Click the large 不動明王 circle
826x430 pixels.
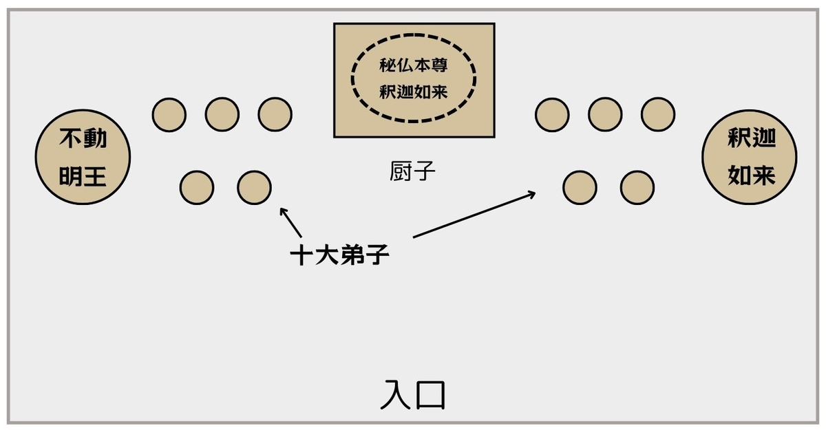83,159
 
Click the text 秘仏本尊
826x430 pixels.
414,66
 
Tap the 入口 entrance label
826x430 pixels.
413,395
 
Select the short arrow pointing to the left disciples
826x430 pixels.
290,223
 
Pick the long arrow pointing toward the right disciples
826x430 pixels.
475,215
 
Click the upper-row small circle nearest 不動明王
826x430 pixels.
169,114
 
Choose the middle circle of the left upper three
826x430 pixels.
222,114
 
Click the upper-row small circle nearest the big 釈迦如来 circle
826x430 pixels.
658,114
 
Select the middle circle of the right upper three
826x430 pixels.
605,114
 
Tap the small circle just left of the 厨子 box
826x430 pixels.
275,114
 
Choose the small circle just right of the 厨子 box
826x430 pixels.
552,114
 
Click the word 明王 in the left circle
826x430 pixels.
83,177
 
